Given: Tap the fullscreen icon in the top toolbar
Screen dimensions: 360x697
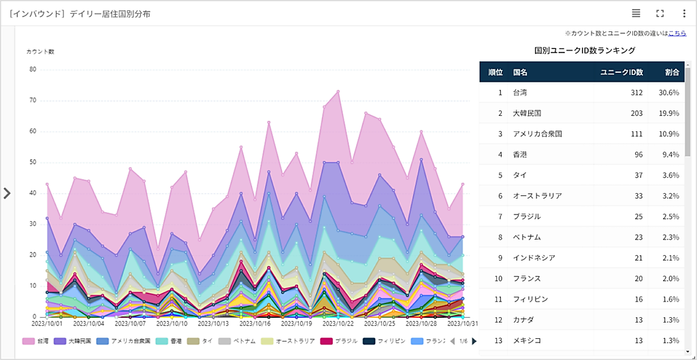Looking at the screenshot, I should click(660, 13).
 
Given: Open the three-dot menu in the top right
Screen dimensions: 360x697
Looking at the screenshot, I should click(684, 13).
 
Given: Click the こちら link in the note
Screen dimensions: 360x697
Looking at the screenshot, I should click(677, 33).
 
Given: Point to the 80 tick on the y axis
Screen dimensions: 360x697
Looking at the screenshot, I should click(33, 69).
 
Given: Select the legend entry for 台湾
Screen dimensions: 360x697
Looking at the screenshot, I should click(37, 341).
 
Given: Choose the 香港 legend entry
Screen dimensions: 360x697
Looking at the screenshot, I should click(170, 341).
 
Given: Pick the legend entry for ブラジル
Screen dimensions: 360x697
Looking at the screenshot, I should click(336, 341).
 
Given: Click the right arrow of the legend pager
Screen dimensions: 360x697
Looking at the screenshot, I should click(474, 341).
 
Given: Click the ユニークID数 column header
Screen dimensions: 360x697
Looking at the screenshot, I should click(621, 71).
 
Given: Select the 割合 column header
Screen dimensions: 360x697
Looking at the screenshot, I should click(672, 71).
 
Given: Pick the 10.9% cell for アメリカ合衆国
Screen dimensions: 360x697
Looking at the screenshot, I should click(670, 133).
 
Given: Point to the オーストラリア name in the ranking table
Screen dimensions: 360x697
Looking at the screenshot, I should click(537, 196).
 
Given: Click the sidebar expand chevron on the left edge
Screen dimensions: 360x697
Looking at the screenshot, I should click(7, 193).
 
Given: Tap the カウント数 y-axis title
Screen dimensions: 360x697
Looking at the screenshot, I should click(40, 52).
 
